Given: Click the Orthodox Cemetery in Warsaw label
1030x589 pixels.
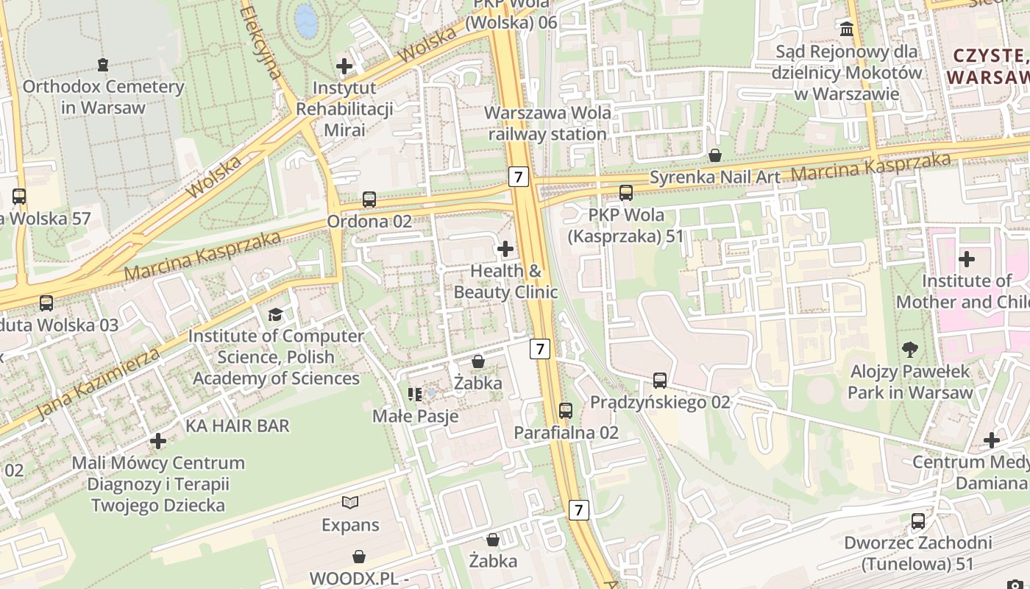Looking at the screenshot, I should pyautogui.click(x=103, y=96).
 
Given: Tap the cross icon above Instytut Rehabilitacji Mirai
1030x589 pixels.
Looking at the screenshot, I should pyautogui.click(x=344, y=67).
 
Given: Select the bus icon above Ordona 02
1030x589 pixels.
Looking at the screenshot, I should pyautogui.click(x=369, y=200).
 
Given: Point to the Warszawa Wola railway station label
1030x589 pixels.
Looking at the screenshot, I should pyautogui.click(x=548, y=124).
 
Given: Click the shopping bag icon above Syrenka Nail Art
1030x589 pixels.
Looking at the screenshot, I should pyautogui.click(x=714, y=155).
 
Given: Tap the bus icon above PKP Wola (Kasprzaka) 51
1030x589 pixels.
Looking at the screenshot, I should pyautogui.click(x=626, y=193).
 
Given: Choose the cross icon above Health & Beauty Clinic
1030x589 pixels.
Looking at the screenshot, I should pyautogui.click(x=505, y=250).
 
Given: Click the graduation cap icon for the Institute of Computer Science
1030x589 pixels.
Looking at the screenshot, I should pyautogui.click(x=275, y=315).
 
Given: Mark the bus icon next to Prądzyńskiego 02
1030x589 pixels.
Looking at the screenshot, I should pyautogui.click(x=660, y=381).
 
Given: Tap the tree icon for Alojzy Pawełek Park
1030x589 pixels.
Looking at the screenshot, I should pyautogui.click(x=910, y=350).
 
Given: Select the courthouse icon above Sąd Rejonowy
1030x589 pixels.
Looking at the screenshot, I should pyautogui.click(x=847, y=29).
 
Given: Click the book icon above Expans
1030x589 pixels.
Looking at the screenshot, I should pyautogui.click(x=350, y=503).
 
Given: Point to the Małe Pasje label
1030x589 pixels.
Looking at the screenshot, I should pyautogui.click(x=416, y=416).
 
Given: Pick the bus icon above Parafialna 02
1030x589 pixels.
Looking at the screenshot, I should pyautogui.click(x=566, y=411).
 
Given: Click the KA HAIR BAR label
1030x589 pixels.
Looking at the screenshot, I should pyautogui.click(x=238, y=426).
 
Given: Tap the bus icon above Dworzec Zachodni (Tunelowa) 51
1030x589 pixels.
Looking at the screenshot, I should pyautogui.click(x=918, y=521).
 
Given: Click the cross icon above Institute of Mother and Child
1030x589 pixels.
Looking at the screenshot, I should pyautogui.click(x=967, y=259).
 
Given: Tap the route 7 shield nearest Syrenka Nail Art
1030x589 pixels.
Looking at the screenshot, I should pyautogui.click(x=519, y=177).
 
